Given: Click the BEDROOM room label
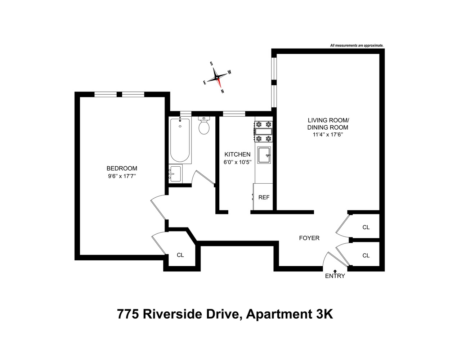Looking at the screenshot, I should pos(122,168).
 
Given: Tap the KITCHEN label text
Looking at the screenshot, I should pos(237,154).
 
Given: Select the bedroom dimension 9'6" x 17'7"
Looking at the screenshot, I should pos(122,176).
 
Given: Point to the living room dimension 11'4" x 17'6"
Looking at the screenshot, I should pos(328,135).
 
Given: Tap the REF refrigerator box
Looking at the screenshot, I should pos(264,197).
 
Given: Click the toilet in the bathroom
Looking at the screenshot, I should pos(204,126).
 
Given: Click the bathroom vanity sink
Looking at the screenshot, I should pos(175,174).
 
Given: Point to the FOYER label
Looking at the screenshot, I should pos(309,238).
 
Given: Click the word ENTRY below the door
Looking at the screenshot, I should pos(335,276).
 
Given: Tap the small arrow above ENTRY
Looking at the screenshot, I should pos(335,271).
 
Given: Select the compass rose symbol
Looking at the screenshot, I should pos(217,77).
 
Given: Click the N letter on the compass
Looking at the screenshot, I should pos(223,91).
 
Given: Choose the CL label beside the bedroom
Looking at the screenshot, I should pos(180,255).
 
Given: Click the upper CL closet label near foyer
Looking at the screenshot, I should pos(366,227).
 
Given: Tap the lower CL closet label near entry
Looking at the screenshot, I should pos(366,255).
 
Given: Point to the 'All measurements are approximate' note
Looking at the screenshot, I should pos(357,46).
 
